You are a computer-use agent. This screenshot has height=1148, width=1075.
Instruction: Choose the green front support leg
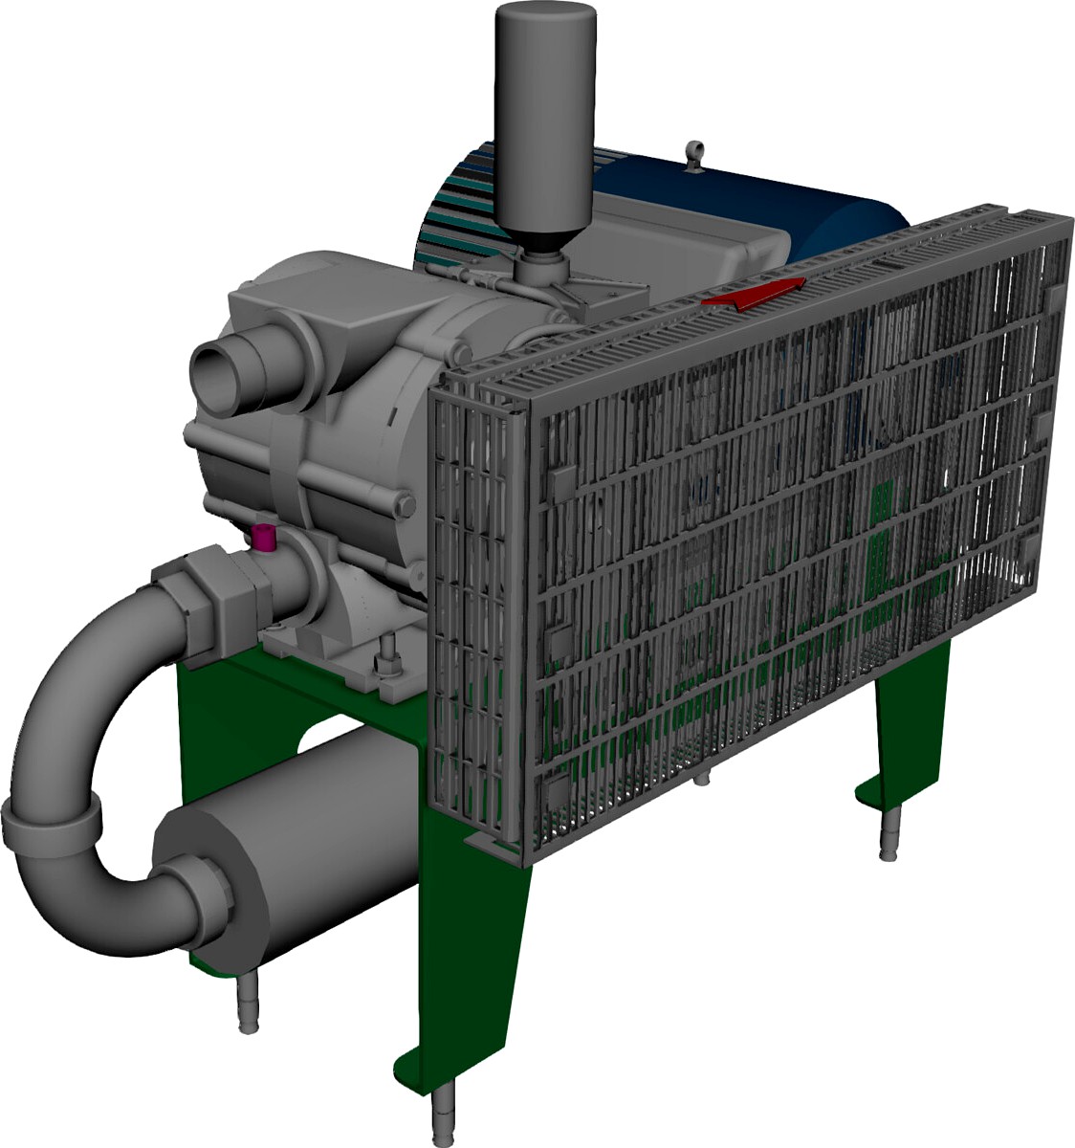point(478,957)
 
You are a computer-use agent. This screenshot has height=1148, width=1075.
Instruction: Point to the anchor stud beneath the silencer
point(247,1004)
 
